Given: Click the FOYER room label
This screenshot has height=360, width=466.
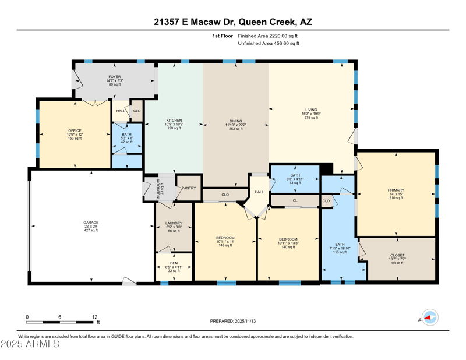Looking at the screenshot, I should pyautogui.click(x=114, y=77).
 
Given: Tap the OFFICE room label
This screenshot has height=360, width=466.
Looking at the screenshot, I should pyautogui.click(x=75, y=131).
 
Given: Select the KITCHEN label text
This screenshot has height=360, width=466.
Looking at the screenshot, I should pyautogui.click(x=174, y=121).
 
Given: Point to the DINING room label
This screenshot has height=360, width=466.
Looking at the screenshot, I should pyautogui.click(x=235, y=121).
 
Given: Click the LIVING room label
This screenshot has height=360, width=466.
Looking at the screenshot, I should pyautogui.click(x=311, y=110).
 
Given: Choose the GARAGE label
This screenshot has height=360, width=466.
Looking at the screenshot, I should pyautogui.click(x=90, y=223).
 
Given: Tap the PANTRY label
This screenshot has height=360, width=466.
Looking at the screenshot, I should pyautogui.click(x=189, y=188).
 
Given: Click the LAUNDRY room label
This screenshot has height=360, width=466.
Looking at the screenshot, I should pyautogui.click(x=174, y=223).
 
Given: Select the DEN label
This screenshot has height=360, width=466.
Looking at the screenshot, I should pyautogui.click(x=174, y=263).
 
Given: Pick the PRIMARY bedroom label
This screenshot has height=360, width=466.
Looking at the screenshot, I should pyautogui.click(x=396, y=190).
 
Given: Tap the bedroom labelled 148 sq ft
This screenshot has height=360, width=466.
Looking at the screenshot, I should pyautogui.click(x=225, y=238).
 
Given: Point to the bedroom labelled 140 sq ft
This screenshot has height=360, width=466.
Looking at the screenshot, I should pyautogui.click(x=288, y=239).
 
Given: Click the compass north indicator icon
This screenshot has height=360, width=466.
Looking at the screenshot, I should pyautogui.click(x=429, y=317).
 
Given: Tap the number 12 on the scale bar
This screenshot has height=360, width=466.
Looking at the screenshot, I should pyautogui.click(x=94, y=317).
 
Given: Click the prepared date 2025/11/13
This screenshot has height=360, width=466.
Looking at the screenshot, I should pyautogui.click(x=246, y=321).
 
